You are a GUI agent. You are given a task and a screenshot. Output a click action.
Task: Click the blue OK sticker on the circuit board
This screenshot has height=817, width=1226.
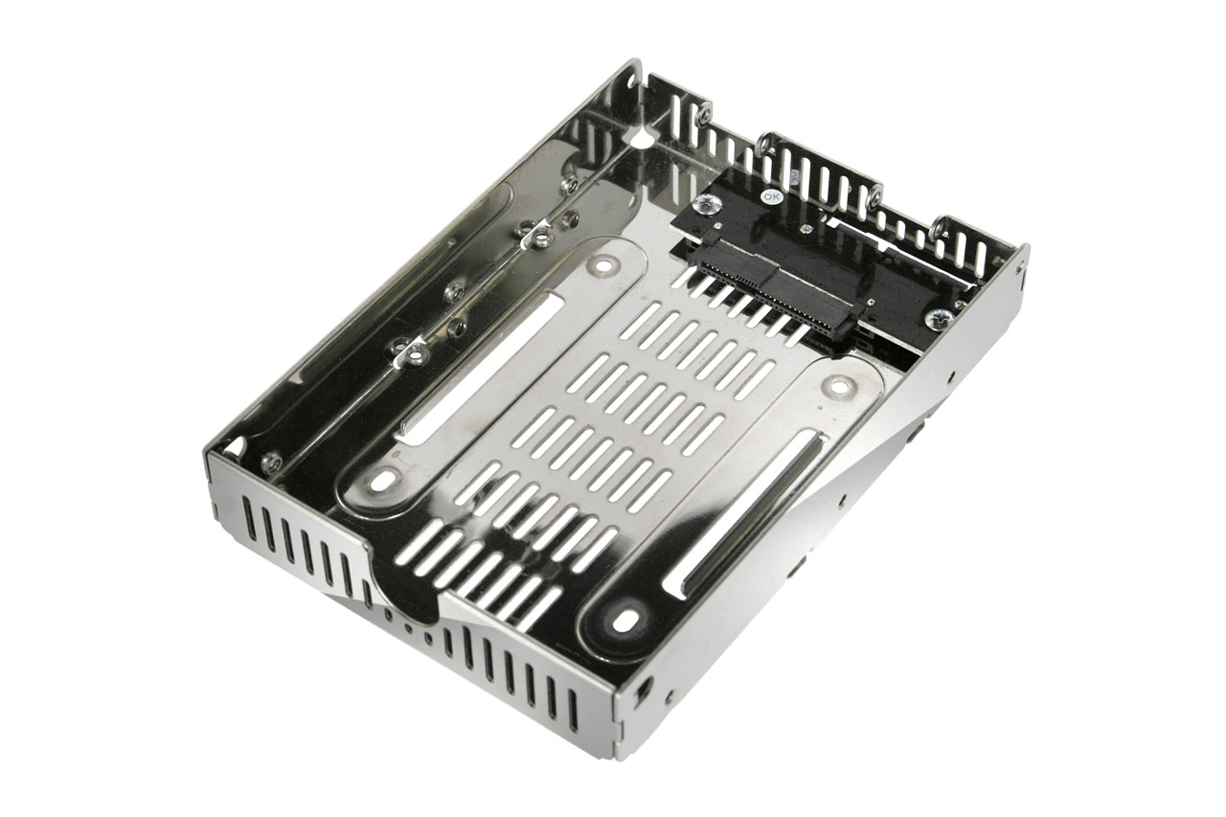[x=771, y=195]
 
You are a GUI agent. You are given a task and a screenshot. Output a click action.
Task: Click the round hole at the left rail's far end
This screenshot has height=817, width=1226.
[x=601, y=267]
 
